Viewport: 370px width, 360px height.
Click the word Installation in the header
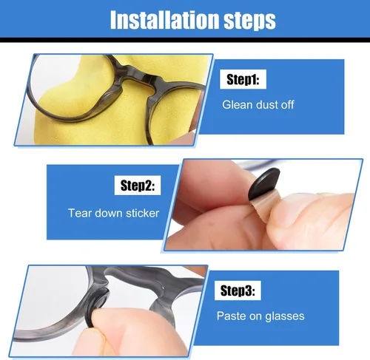coord(165,20)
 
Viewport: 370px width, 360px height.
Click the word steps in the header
coord(249,21)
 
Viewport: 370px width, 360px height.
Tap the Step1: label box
coord(243,79)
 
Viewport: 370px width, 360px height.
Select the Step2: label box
coord(138,186)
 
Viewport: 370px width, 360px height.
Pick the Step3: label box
coord(238,291)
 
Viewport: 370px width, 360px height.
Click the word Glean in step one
coord(237,105)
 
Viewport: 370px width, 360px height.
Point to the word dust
coord(266,105)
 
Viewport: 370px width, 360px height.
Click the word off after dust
coord(287,105)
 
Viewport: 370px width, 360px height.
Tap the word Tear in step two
coord(80,213)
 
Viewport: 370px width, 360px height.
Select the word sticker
coord(142,213)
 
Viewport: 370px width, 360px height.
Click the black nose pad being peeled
coord(263,183)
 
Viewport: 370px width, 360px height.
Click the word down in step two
coord(109,213)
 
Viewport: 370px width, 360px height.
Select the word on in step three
coord(255,317)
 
